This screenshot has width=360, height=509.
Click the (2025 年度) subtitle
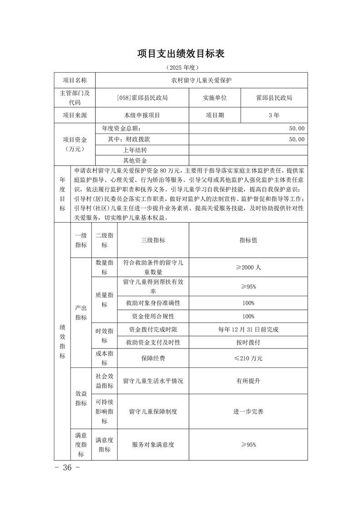[x=181, y=68]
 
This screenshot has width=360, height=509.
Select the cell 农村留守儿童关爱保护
[x=201, y=80]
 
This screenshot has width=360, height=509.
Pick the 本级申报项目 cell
[x=142, y=115]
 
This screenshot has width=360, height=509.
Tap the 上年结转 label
[x=135, y=150]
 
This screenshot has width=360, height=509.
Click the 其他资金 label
[x=135, y=160]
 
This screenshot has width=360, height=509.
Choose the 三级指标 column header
[x=153, y=240]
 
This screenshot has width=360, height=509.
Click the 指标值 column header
[x=248, y=240]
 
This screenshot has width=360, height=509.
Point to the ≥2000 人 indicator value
[x=248, y=268]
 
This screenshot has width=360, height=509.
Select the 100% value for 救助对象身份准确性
[x=248, y=303]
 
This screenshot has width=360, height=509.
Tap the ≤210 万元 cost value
[x=248, y=358]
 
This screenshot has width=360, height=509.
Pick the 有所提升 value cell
[x=248, y=381]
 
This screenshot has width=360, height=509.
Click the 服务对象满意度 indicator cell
[x=153, y=445]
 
